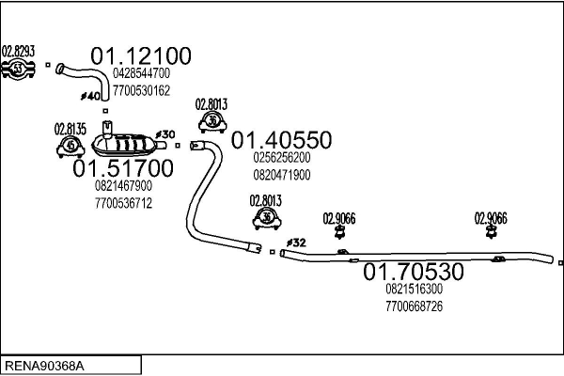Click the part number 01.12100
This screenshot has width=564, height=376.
140,55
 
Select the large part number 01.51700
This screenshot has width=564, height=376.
123,169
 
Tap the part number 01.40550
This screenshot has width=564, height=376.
281,141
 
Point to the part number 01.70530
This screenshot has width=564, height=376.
414,273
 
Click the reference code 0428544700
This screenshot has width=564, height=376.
141,73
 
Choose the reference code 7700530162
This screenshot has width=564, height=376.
141,90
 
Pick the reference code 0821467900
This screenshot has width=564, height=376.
123,186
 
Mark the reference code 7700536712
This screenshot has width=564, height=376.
123,202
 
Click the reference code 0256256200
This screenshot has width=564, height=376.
282,158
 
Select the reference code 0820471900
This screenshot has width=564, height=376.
282,175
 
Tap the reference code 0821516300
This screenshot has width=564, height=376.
414,290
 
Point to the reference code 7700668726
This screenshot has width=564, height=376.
414,306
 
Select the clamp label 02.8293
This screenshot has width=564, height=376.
18,51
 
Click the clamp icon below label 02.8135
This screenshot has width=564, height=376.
70,146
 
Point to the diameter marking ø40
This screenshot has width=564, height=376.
91,96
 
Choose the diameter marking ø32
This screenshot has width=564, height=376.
296,243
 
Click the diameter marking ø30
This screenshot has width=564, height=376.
164,134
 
